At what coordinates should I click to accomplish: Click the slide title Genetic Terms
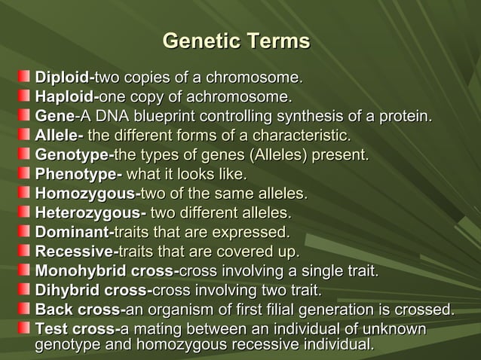click(236, 41)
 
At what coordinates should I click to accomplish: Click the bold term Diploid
click(63, 77)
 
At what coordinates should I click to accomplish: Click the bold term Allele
click(57, 136)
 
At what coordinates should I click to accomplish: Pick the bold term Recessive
click(73, 252)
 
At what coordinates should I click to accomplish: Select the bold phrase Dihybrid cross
click(92, 291)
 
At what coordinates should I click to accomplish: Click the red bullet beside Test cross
click(25, 329)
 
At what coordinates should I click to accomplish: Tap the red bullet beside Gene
click(25, 115)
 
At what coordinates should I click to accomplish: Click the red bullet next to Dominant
click(25, 232)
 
